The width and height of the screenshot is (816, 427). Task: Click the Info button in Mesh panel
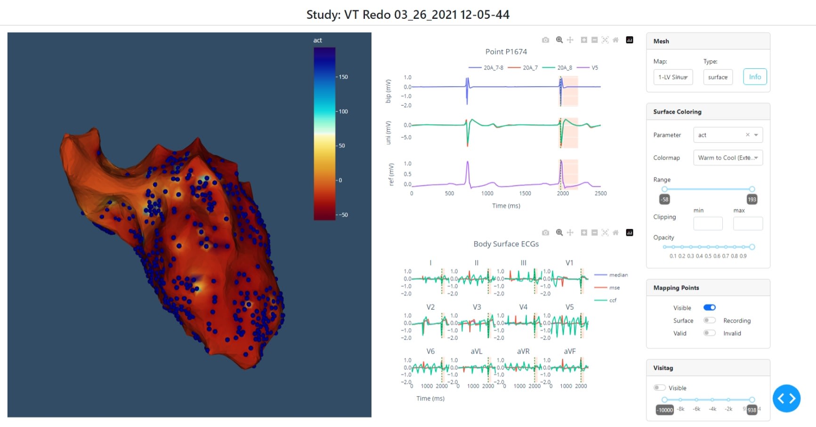tap(755, 77)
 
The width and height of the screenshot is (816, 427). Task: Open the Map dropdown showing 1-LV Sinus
tap(673, 77)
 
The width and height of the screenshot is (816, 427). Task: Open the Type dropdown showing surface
tap(718, 77)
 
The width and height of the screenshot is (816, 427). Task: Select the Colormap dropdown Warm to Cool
tap(727, 158)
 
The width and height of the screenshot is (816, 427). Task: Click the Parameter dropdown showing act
tap(727, 135)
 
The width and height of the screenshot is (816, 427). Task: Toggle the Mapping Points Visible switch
tap(709, 307)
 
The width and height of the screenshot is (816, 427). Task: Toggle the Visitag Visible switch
tap(659, 388)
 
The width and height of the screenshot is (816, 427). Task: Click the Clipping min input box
tap(708, 224)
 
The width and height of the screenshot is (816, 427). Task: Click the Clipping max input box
tap(748, 224)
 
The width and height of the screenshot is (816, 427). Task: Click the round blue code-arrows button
tap(786, 398)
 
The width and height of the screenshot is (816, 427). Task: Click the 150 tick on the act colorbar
tap(343, 77)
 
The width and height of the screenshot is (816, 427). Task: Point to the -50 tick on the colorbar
tap(344, 215)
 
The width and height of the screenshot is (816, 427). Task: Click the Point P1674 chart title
tap(506, 52)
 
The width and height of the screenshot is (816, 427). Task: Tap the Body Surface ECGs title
tap(506, 244)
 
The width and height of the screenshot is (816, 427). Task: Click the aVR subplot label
tap(523, 351)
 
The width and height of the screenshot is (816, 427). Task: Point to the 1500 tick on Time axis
tap(525, 193)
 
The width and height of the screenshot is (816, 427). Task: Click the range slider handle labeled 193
tap(752, 189)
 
